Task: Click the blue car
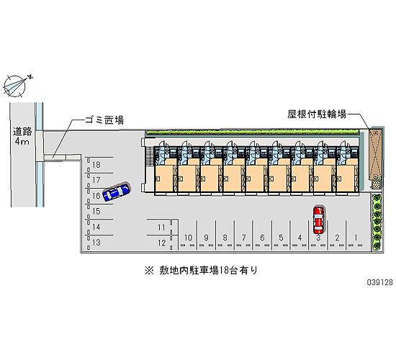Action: (x=117, y=192)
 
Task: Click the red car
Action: (x=318, y=220)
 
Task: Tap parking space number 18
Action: (x=96, y=165)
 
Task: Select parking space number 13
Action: (x=96, y=242)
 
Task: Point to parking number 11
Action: (x=161, y=228)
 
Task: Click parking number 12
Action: (x=161, y=243)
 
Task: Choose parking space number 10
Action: (x=188, y=238)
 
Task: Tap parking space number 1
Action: (x=356, y=238)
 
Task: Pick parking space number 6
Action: (x=262, y=238)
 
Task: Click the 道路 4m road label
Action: (x=22, y=136)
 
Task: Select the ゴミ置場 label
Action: (x=104, y=120)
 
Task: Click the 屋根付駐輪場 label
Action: (x=317, y=114)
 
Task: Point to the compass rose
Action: (x=15, y=86)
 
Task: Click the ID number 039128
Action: (x=380, y=282)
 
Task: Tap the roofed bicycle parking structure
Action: (x=376, y=154)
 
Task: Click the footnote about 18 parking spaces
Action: (x=201, y=270)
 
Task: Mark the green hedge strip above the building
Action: (x=251, y=132)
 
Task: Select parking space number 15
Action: (x=96, y=211)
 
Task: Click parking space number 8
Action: (x=225, y=238)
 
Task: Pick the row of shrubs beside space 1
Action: (x=377, y=222)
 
